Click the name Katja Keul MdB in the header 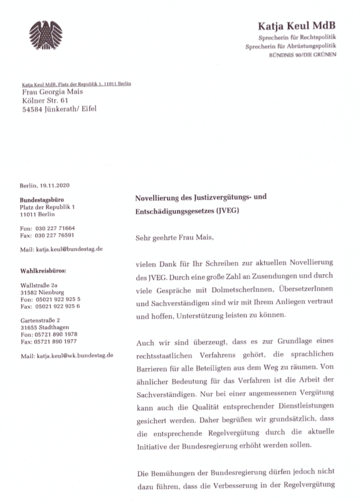tap(297, 26)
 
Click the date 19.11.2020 tap(56, 186)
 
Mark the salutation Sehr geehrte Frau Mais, tap(174, 238)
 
